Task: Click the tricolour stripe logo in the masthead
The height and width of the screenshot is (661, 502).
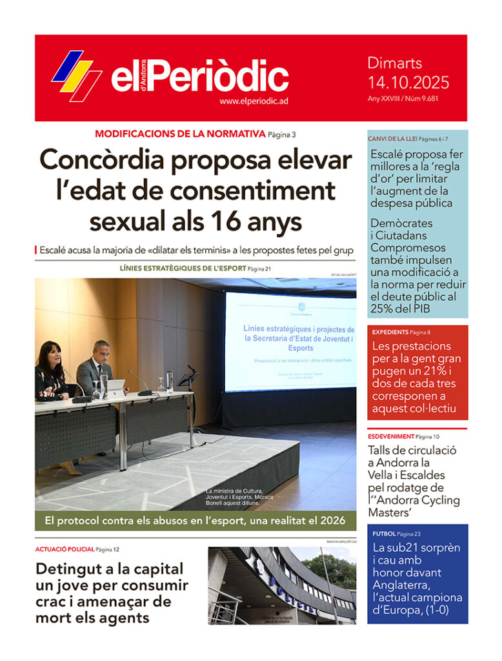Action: click(76, 76)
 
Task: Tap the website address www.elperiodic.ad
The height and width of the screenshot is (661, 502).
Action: click(253, 101)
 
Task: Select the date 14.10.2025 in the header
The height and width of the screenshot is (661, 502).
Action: click(408, 83)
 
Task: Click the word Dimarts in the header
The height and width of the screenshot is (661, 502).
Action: click(395, 63)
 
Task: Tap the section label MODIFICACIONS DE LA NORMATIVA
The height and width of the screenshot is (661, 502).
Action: click(180, 134)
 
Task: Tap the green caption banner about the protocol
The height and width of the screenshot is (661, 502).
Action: click(196, 520)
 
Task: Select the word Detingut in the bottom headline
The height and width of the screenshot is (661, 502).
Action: click(63, 569)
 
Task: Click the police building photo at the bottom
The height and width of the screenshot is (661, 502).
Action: click(282, 585)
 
